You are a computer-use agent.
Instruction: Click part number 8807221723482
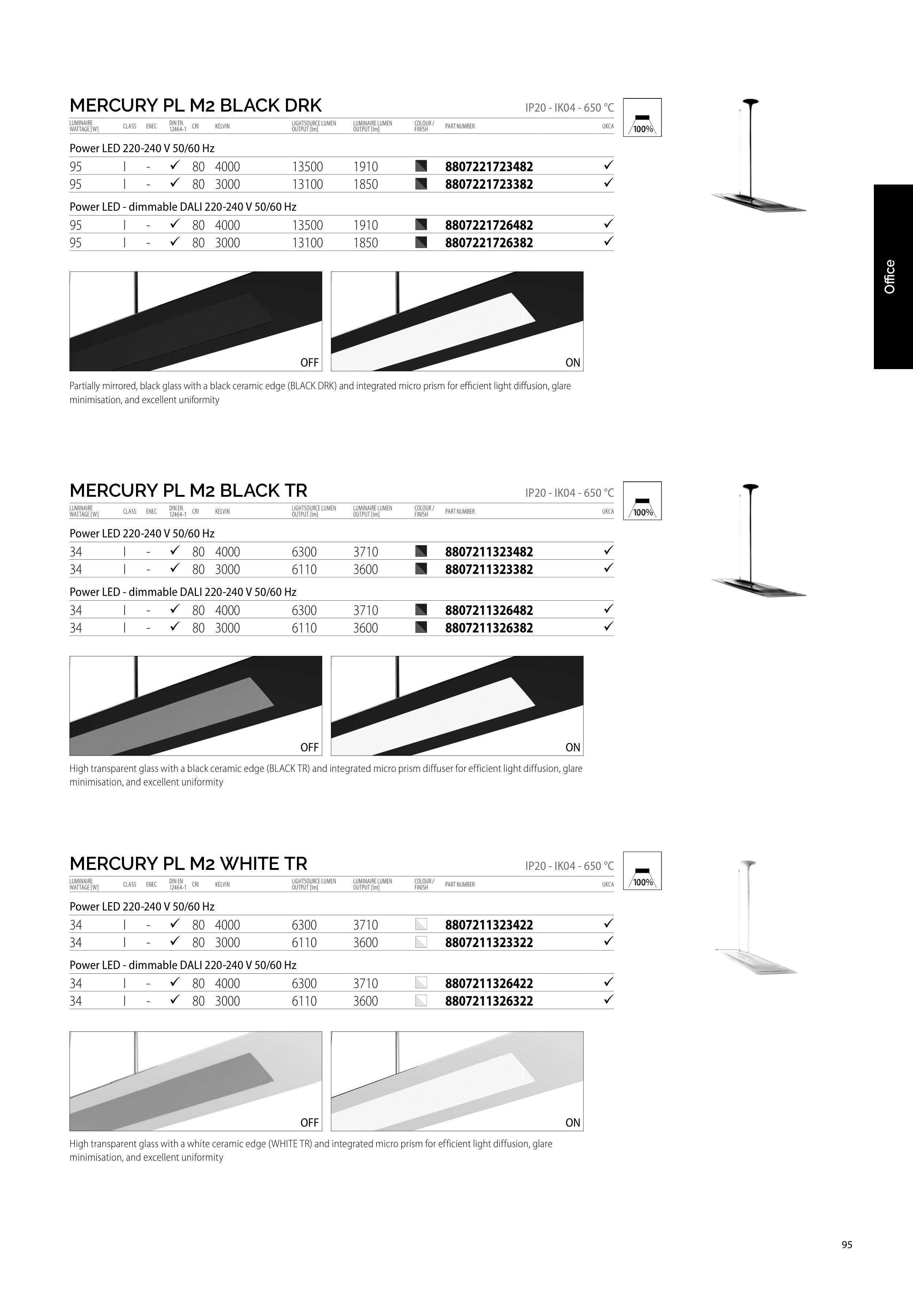[489, 166]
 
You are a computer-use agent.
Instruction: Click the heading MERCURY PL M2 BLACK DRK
[196, 105]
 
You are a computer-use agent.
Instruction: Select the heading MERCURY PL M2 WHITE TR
[188, 863]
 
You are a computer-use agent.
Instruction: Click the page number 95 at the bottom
[846, 1245]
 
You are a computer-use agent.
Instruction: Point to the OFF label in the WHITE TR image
[309, 1123]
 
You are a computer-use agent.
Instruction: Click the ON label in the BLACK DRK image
[573, 363]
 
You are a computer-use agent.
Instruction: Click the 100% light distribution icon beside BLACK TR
[642, 501]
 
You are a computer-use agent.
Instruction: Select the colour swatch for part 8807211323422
[421, 924]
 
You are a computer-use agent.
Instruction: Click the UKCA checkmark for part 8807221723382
[608, 183]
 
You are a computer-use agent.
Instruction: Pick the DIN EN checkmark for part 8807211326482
[174, 609]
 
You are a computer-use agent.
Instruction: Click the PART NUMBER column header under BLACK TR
[460, 511]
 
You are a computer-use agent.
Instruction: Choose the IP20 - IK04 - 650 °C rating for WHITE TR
[569, 866]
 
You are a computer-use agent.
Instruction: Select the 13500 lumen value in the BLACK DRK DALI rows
[307, 225]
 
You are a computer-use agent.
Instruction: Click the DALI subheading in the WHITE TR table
[183, 965]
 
